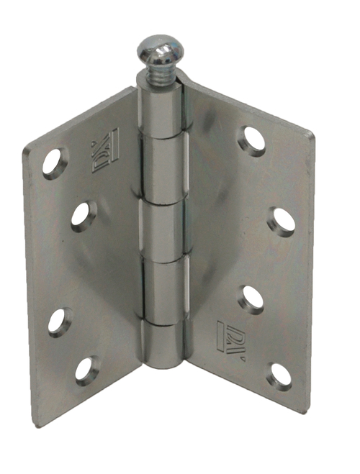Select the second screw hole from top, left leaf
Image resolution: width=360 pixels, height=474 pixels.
coord(83,215)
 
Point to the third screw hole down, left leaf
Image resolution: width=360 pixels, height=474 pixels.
coord(59,321)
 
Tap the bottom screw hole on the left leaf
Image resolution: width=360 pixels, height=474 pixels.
coord(86,369)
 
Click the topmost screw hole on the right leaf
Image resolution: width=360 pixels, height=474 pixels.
coord(252,140)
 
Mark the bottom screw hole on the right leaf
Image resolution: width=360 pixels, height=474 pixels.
coord(279,375)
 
